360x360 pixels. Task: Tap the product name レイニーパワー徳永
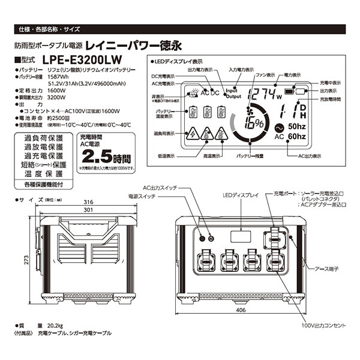(134, 44)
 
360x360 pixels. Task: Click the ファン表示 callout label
(265, 75)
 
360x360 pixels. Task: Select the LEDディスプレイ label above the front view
(240, 195)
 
